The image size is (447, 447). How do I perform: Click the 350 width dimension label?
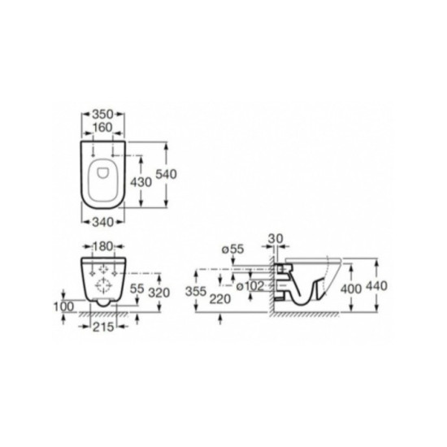pyautogui.click(x=103, y=115)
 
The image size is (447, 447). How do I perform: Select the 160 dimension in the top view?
pyautogui.click(x=102, y=128)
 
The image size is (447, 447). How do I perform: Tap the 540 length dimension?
pyautogui.click(x=166, y=174)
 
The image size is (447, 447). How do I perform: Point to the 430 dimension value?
pyautogui.click(x=141, y=182)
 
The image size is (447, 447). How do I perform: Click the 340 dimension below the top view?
pyautogui.click(x=103, y=222)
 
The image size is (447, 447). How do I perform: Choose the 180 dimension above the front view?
pyautogui.click(x=102, y=246)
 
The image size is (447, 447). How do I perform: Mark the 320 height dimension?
pyautogui.click(x=159, y=293)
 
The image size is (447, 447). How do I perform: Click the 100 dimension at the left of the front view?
pyautogui.click(x=64, y=306)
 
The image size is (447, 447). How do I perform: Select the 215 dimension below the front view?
pyautogui.click(x=103, y=327)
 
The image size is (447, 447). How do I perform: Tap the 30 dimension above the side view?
pyautogui.click(x=276, y=239)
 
